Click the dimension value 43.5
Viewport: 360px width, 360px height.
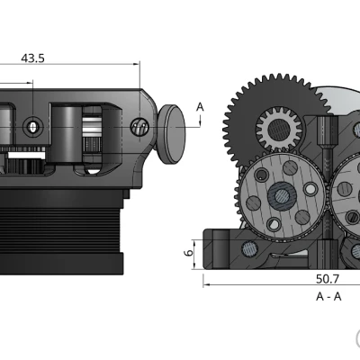[x=33, y=58]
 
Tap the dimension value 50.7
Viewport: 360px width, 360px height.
[x=328, y=278]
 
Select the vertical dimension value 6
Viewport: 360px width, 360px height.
[x=189, y=254]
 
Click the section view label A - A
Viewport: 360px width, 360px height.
[x=328, y=296]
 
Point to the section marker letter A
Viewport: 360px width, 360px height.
[x=200, y=107]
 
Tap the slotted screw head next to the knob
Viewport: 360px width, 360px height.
[x=139, y=127]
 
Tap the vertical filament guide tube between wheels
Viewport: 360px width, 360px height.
[x=325, y=144]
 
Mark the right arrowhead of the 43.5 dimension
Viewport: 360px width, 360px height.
[x=137, y=64]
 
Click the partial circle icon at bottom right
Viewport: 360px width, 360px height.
[x=357, y=339]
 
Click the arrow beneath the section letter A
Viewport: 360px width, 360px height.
[x=200, y=124]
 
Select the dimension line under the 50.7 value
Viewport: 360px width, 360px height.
[x=279, y=286]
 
